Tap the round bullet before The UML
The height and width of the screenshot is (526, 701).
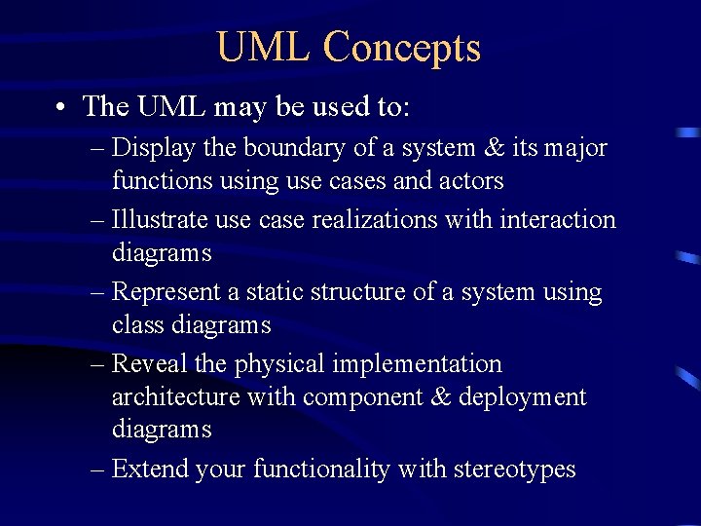(61, 107)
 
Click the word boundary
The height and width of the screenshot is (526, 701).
(286, 148)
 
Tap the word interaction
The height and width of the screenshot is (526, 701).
(558, 220)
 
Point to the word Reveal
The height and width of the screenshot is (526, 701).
(151, 364)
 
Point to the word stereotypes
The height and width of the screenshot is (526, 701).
(516, 470)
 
